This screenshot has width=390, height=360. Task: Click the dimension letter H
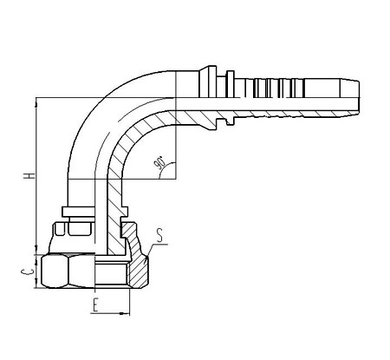point(29,176)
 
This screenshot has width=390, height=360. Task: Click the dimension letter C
point(28,272)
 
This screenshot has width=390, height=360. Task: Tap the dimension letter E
point(96,305)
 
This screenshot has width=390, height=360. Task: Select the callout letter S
point(159,235)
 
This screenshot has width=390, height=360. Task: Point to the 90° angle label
point(159,163)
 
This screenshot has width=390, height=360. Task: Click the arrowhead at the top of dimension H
point(36,102)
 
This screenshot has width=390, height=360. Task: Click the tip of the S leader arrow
point(146,256)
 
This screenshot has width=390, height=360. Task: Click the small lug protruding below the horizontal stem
point(230,121)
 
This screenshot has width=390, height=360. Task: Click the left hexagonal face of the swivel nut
point(55,272)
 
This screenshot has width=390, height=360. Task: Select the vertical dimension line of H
point(36,176)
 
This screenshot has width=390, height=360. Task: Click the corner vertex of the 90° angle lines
point(176,179)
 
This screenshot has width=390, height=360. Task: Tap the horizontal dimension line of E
point(110,313)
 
